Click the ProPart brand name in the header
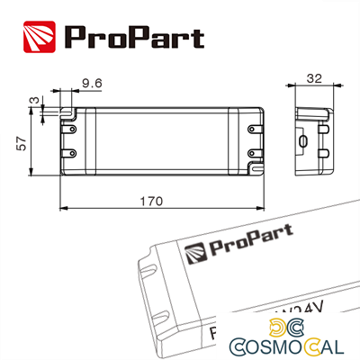tap(133, 37)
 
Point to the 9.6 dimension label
tap(90, 83)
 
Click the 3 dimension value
tap(32, 101)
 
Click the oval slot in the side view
tap(304, 141)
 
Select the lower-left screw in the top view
tap(67, 155)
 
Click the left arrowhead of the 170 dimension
tap(63, 211)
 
